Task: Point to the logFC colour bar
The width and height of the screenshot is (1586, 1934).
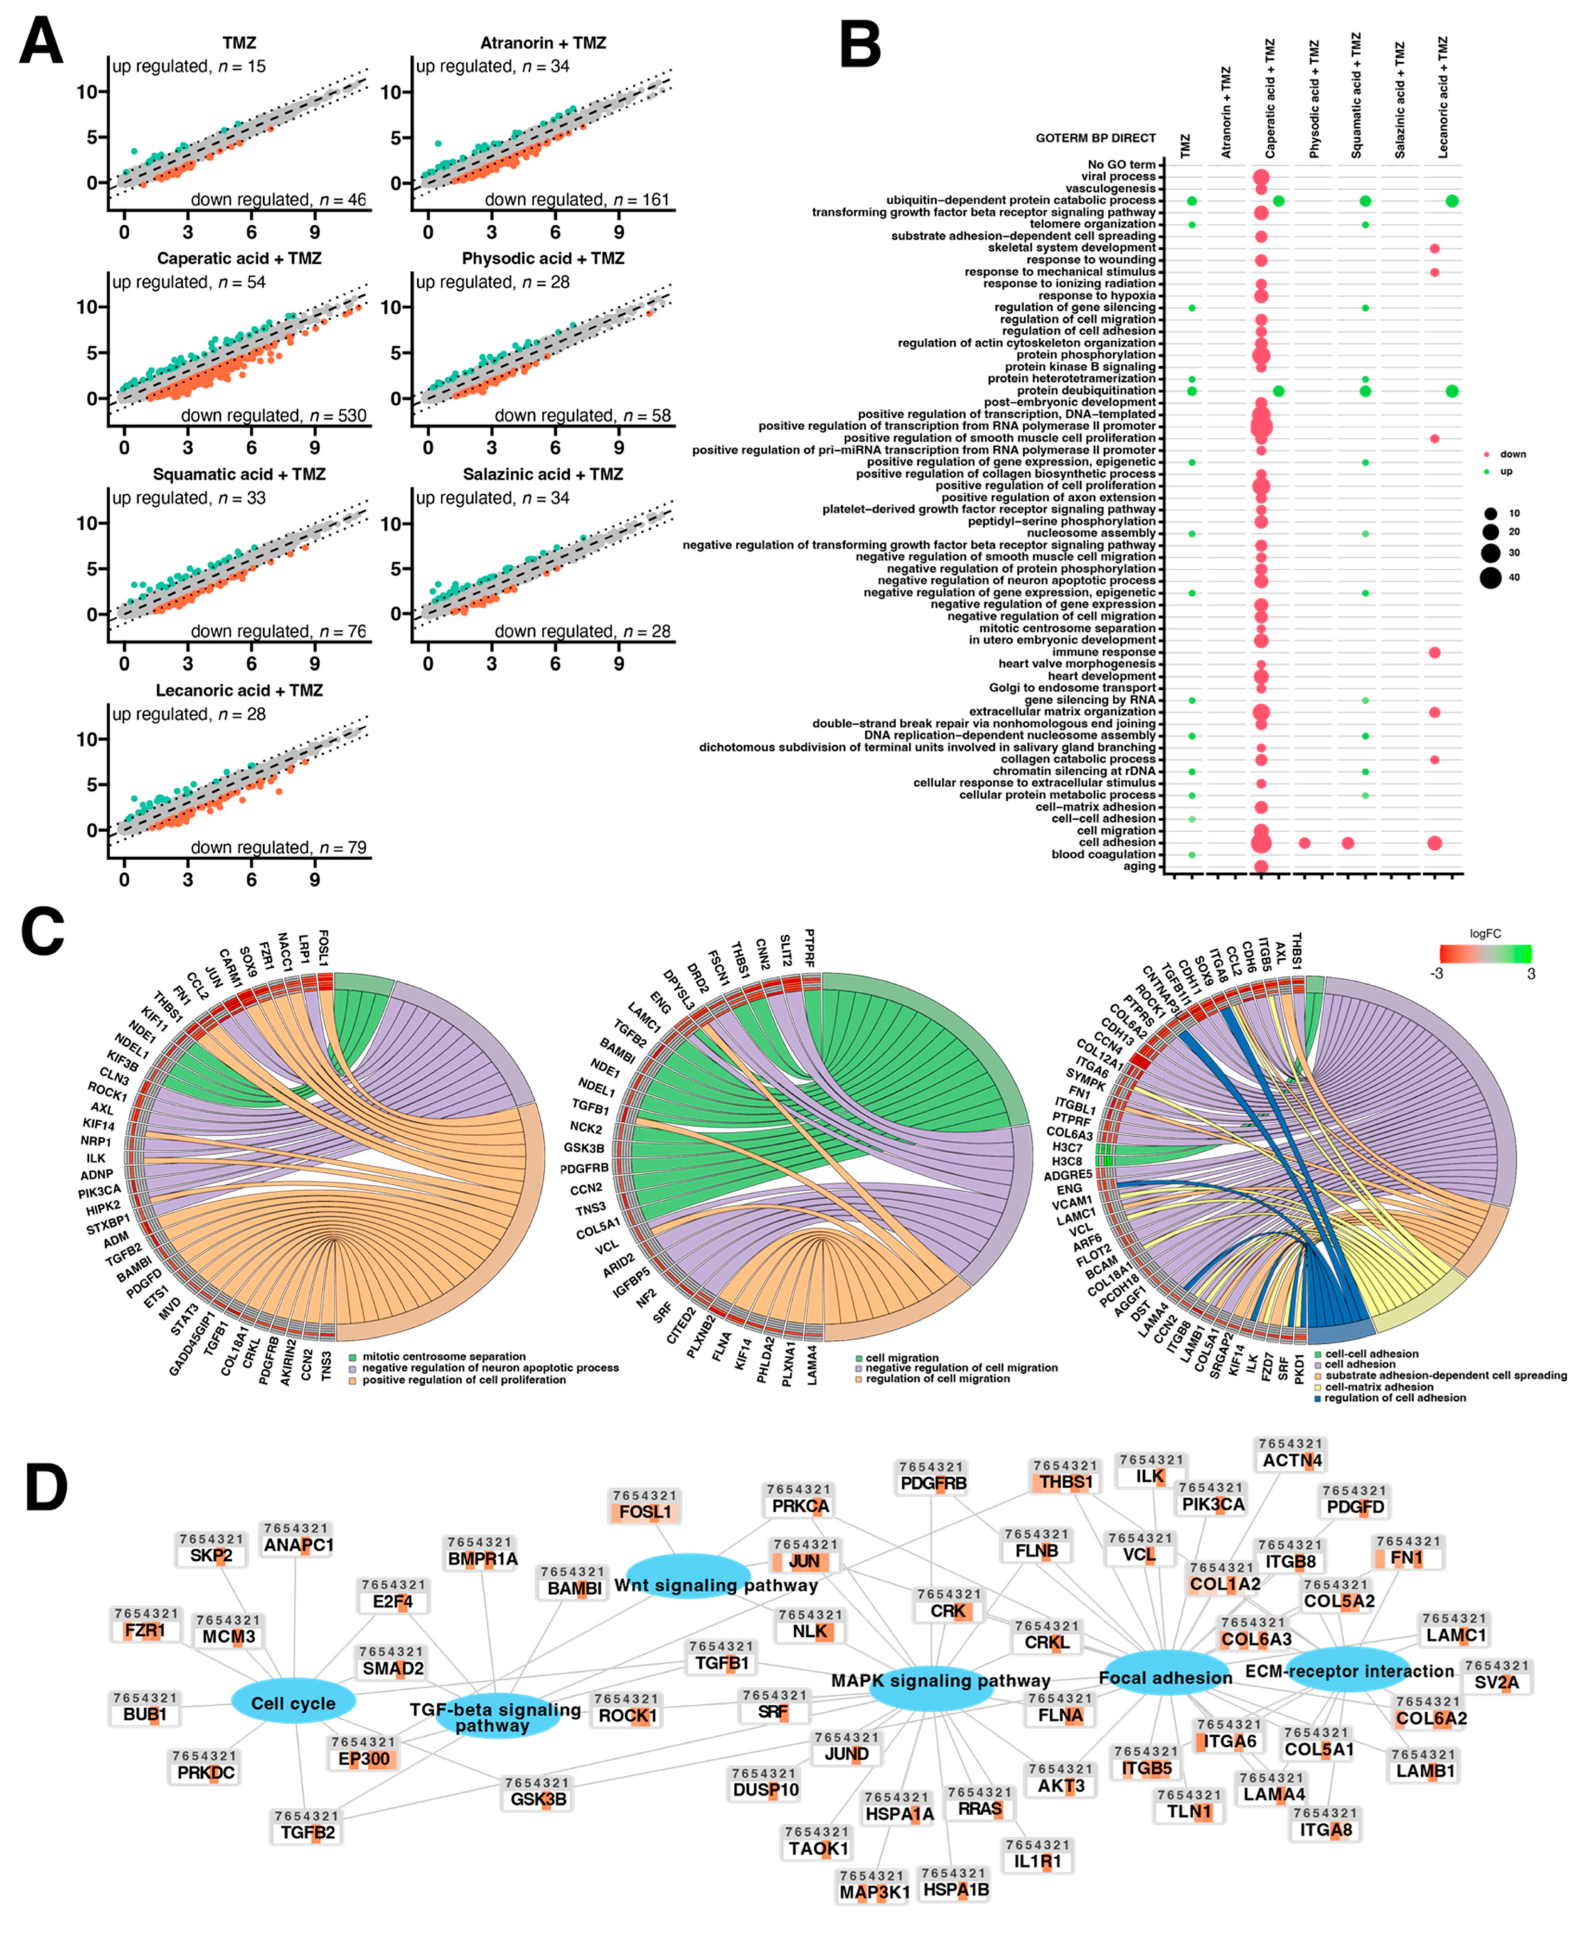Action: [x=1485, y=955]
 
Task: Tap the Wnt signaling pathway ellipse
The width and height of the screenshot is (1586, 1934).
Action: [x=689, y=1585]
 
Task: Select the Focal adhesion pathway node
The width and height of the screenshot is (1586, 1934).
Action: [x=1165, y=1677]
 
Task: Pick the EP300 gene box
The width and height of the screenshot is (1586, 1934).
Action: [x=364, y=1758]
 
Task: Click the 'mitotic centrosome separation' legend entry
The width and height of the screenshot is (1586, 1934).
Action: [x=443, y=1356]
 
